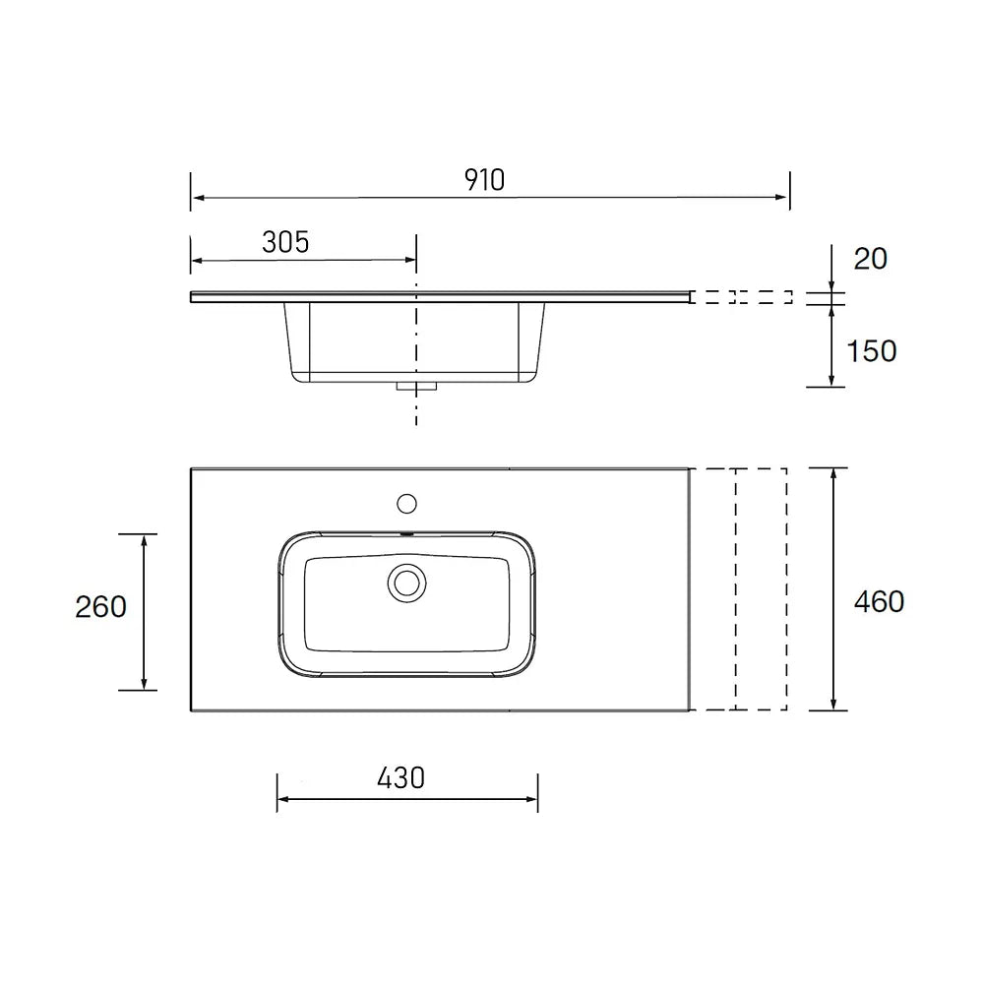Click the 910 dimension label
tap(484, 180)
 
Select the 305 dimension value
tap(285, 242)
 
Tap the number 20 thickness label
tap(871, 259)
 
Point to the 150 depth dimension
tap(872, 351)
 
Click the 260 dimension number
tap(101, 607)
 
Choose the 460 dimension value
tap(879, 602)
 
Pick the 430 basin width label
tap(401, 778)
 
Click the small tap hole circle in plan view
tap(406, 503)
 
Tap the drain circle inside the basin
tap(406, 583)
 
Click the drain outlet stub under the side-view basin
tap(416, 387)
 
